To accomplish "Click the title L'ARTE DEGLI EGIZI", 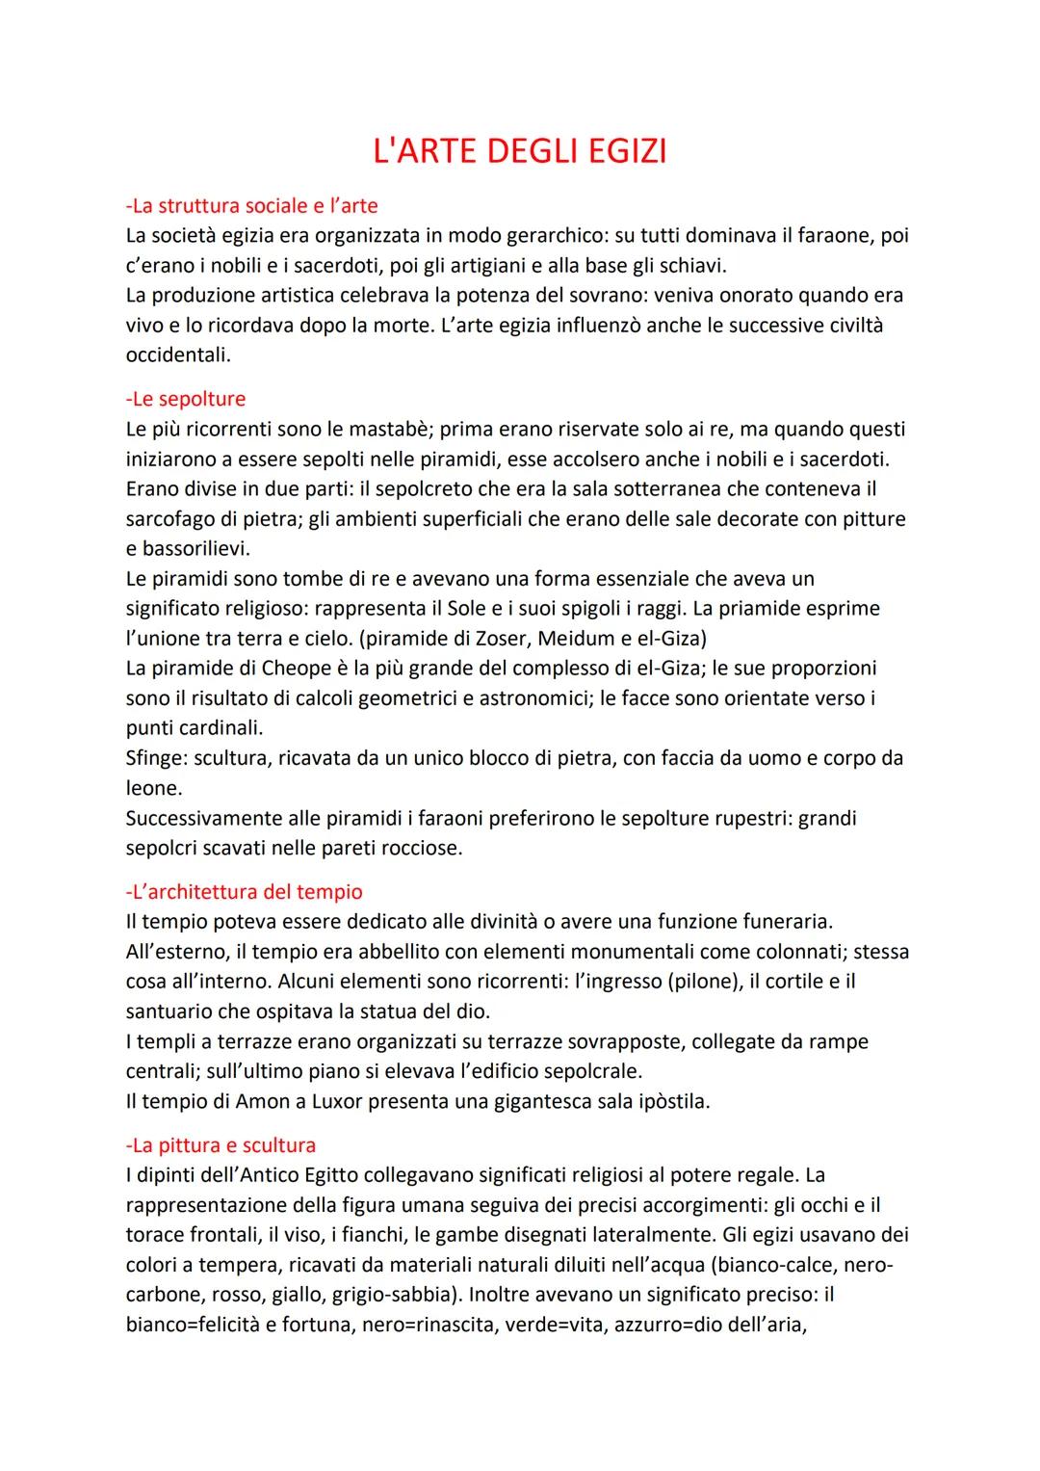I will click(x=519, y=152).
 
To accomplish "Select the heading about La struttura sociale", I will click(x=251, y=205).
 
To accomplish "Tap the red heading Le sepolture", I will click(x=186, y=399).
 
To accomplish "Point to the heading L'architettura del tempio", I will click(x=244, y=892).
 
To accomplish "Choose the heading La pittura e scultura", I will click(x=221, y=1145).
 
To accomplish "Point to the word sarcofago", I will click(x=173, y=519).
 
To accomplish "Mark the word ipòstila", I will click(x=672, y=1101).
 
